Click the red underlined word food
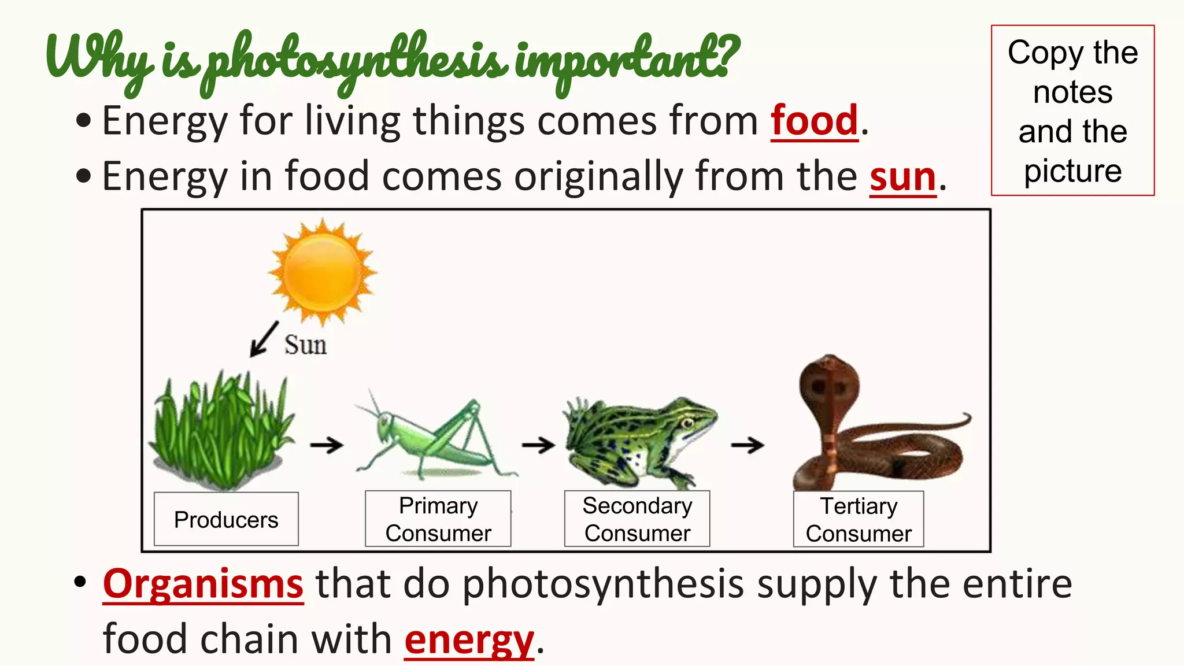(814, 121)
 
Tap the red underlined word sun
(902, 177)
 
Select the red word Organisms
(203, 584)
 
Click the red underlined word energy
(469, 640)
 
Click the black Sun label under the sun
(305, 345)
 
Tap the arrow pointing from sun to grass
(264, 339)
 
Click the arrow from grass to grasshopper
(327, 445)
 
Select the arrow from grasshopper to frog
(538, 445)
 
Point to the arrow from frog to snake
(748, 445)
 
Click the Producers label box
(226, 519)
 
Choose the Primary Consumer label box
(438, 519)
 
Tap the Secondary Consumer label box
(637, 519)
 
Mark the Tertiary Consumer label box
(859, 519)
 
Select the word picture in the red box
(1072, 171)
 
